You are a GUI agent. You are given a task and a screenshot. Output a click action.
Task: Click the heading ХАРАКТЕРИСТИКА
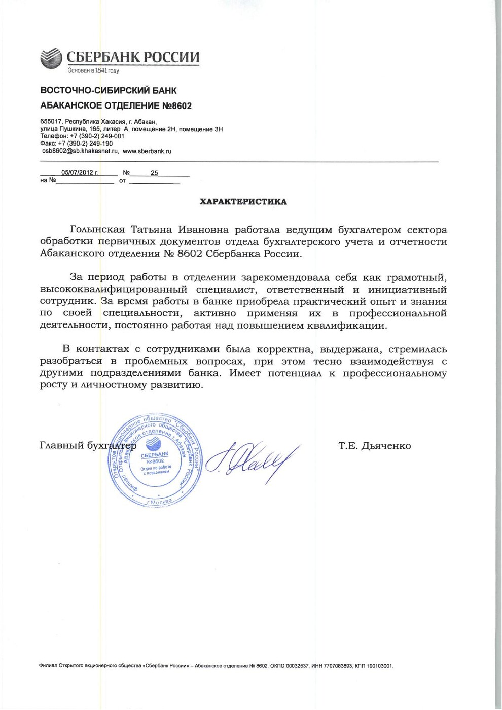[243, 202]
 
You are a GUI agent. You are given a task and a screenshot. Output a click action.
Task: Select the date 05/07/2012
[79, 172]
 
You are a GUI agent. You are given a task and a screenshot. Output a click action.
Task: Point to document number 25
[154, 173]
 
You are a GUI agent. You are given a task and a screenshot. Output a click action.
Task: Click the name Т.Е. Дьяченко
[375, 446]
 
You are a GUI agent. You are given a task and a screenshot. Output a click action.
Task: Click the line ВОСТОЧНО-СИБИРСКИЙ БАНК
[109, 91]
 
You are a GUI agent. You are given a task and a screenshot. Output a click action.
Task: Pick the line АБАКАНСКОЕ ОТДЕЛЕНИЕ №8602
[116, 106]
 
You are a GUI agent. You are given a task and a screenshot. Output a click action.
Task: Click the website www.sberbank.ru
[147, 151]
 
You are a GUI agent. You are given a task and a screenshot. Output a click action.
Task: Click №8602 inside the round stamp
[155, 461]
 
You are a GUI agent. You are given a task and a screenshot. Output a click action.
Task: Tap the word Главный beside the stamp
[61, 446]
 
